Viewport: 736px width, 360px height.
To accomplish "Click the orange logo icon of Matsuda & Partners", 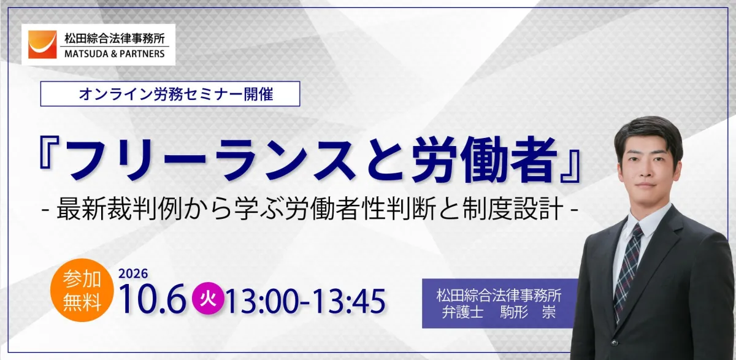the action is [x=42, y=45].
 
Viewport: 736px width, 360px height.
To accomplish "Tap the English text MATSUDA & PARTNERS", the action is [x=115, y=54].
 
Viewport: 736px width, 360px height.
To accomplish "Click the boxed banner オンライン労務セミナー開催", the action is [x=170, y=94].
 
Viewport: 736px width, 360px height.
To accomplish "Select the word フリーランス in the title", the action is [x=211, y=159].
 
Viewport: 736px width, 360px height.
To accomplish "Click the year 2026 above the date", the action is [x=134, y=274].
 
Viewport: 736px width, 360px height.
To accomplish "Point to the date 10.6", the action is [x=153, y=301].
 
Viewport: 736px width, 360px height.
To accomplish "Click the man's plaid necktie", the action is [x=627, y=269].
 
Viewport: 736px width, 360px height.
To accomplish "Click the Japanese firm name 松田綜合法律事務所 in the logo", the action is [x=115, y=39].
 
